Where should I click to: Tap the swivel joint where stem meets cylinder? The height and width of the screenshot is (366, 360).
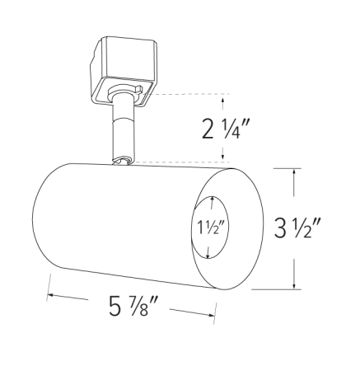coord(123,162)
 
